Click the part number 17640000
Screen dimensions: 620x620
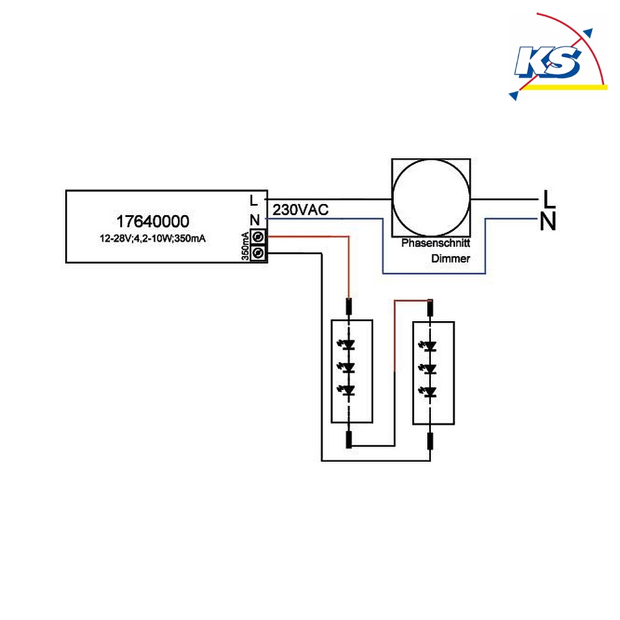point(153,221)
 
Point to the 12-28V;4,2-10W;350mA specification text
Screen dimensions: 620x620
point(153,239)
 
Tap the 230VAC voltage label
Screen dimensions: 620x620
point(301,210)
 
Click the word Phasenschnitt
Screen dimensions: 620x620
point(436,243)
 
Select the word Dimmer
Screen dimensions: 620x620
point(451,259)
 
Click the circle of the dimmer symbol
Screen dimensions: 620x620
point(431,160)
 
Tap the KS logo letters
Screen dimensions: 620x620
point(548,61)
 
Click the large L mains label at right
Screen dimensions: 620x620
point(549,198)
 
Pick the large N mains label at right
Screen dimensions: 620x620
point(548,221)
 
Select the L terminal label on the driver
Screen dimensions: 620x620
point(254,200)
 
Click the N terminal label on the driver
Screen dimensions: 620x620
point(255,220)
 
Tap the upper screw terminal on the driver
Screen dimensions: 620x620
point(258,237)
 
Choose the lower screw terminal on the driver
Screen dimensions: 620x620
point(258,253)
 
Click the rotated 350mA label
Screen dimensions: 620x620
point(245,246)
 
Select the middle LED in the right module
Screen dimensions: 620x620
point(428,369)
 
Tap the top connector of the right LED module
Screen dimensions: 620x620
point(430,308)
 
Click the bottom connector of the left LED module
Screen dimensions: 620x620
point(348,440)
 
